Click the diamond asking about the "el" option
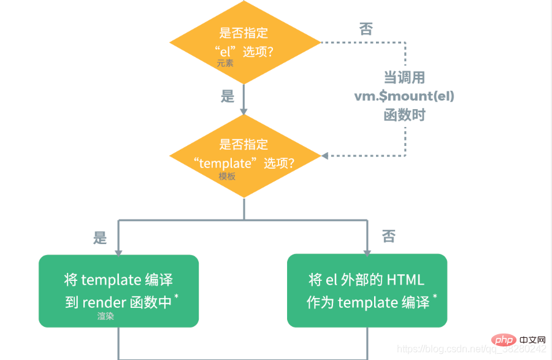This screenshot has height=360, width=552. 245,42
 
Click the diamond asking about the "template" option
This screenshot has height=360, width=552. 245,156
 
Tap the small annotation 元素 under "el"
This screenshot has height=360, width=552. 225,63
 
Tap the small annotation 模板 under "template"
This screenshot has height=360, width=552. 227,176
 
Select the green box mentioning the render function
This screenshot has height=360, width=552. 118,291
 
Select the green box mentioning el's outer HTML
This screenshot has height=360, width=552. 367,291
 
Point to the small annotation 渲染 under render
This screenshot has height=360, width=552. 105,316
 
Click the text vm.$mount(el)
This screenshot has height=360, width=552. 404,96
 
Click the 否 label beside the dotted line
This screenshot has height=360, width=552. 366,29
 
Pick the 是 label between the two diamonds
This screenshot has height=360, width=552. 228,96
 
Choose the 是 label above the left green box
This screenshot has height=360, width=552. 99,238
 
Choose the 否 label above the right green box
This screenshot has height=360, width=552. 389,236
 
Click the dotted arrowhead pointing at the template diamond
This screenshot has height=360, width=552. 325,156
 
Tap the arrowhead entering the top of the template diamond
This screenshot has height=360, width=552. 243,112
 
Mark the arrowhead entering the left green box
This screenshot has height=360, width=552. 118,253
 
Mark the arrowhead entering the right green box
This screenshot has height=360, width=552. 367,252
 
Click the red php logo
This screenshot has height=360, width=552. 504,340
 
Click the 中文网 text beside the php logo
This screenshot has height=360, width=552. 532,340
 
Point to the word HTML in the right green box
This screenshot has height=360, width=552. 405,280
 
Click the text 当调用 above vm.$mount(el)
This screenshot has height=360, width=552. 405,77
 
